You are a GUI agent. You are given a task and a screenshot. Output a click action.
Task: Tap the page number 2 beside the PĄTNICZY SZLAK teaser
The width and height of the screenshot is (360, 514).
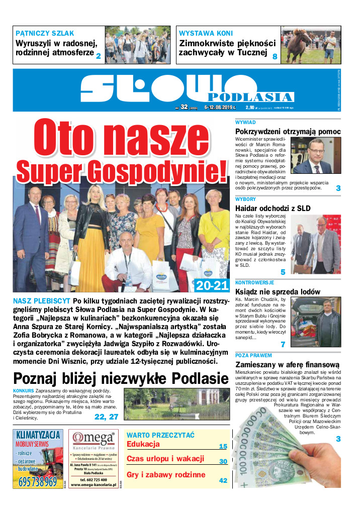pyautogui.click(x=99, y=57)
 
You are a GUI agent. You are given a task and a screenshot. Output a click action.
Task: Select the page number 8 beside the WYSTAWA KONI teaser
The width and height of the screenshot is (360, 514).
pyautogui.click(x=275, y=57)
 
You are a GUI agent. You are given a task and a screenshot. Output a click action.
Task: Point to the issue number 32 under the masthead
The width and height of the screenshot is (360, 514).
pyautogui.click(x=184, y=106)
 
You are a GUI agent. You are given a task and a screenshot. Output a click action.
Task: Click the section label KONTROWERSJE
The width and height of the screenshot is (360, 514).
pyautogui.click(x=254, y=283)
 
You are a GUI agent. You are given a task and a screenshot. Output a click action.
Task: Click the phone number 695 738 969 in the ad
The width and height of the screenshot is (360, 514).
pyautogui.click(x=38, y=482)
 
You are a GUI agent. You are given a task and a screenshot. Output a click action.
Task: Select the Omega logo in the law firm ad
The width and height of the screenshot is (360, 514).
pyautogui.click(x=94, y=437)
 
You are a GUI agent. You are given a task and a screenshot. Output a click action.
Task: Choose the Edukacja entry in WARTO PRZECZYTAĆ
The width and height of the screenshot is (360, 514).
pyautogui.click(x=143, y=444)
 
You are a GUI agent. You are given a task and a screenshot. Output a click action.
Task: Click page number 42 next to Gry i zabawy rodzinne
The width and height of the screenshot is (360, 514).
pyautogui.click(x=223, y=481)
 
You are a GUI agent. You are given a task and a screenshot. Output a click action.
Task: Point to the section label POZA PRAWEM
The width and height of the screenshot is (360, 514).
pyautogui.click(x=253, y=355)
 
